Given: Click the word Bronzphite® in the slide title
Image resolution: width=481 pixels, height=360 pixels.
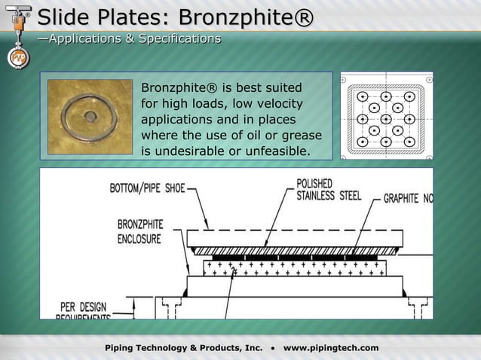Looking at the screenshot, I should point(248,17).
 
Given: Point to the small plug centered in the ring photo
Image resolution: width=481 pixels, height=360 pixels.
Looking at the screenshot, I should point(90,117).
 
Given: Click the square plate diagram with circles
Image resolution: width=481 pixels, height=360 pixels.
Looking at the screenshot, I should point(385,115).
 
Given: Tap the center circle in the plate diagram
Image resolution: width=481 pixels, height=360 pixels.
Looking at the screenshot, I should point(385,119).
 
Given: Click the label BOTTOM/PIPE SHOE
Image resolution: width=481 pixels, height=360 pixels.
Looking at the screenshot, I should point(149,188).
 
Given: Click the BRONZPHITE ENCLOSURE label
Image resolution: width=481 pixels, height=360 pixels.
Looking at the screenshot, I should point(140,231).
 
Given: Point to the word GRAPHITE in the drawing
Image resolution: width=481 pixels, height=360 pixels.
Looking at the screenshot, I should point(401,199).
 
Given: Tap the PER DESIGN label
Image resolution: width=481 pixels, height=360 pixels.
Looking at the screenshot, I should point(84,307).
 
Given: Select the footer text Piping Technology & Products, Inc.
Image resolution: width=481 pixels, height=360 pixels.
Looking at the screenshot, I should point(184,347).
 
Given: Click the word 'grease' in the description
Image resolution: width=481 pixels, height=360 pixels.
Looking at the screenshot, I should point(301,136).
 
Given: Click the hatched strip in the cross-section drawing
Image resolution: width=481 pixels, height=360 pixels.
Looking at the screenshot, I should point(293,251).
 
